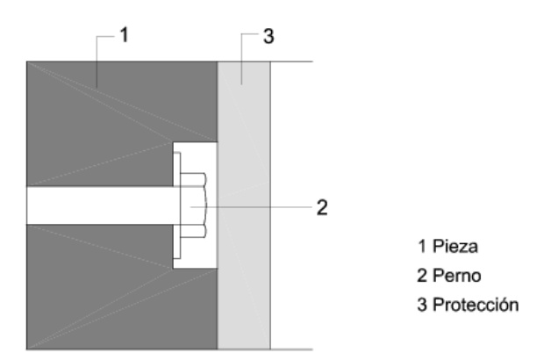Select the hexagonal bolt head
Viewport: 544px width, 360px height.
coord(193,206)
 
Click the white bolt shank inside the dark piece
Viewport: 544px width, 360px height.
coord(97,206)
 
